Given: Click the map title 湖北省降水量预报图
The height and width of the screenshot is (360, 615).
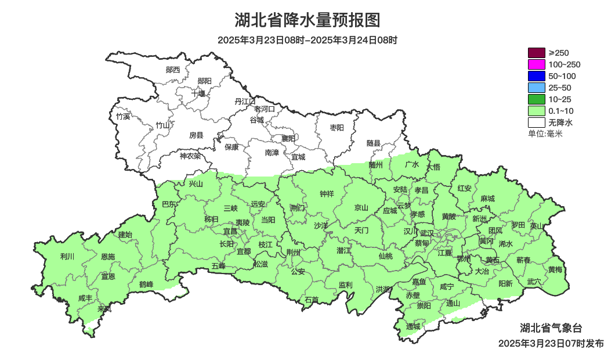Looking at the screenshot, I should [x=307, y=20].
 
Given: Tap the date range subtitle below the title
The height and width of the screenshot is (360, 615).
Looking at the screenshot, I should [x=307, y=41].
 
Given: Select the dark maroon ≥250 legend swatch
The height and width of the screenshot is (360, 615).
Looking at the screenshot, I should [x=536, y=53].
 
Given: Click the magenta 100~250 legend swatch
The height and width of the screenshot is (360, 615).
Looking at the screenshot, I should [x=536, y=64].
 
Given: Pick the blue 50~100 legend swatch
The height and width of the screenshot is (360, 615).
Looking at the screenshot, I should [x=536, y=76].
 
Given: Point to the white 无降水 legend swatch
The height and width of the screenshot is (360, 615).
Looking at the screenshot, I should [x=536, y=123].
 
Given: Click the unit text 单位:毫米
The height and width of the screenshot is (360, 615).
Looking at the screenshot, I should [x=545, y=134].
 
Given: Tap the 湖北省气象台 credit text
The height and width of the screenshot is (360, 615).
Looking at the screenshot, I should [x=555, y=328].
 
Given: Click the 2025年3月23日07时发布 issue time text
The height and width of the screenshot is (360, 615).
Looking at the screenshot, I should [x=551, y=344].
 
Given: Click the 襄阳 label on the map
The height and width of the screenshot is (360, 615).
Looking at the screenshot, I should [x=288, y=139].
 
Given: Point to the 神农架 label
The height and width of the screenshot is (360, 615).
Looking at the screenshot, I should [x=190, y=156].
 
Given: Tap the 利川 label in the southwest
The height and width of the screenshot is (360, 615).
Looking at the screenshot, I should [x=67, y=256].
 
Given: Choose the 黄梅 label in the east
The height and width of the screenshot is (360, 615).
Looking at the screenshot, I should [x=555, y=269].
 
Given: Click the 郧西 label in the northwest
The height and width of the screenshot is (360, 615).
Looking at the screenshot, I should [x=173, y=70].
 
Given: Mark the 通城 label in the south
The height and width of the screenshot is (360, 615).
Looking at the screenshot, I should [x=413, y=326].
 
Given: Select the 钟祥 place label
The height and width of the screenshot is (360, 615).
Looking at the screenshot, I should [x=327, y=194].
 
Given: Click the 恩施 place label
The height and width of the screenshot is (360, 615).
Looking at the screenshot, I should [x=108, y=257].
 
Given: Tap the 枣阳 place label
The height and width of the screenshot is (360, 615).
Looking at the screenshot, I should [x=337, y=127].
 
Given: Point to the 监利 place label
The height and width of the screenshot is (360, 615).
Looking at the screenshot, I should [x=345, y=285].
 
